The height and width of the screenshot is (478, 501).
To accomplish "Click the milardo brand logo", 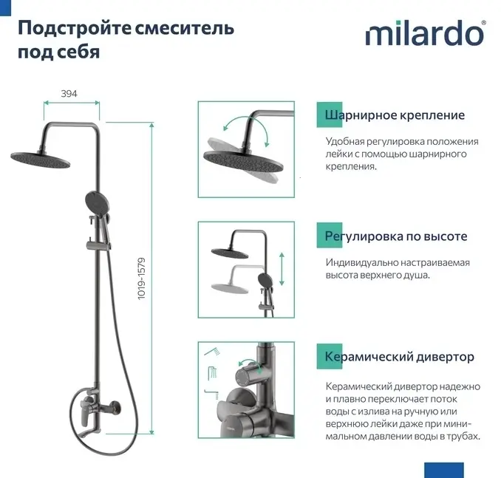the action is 426,33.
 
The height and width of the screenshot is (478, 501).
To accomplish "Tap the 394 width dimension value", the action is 69,94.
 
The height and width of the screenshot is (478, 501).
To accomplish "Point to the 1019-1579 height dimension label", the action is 141,279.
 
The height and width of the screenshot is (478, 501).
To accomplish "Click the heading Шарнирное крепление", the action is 395,115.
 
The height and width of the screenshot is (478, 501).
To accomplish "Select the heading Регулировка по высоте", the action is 396,236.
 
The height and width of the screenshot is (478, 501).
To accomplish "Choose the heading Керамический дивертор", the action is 399,357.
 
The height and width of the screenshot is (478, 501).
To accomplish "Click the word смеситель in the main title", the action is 185,28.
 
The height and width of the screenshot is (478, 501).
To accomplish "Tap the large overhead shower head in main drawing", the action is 40,160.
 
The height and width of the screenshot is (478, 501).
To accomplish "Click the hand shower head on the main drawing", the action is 98,201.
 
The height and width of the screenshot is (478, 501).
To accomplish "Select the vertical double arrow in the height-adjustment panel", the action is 282,269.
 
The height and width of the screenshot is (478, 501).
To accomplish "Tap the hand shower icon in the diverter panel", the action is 213,352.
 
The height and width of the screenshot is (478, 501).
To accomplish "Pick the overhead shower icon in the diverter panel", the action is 213,373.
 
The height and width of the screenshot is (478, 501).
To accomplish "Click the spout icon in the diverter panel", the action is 212,395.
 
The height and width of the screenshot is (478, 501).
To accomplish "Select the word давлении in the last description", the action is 391,437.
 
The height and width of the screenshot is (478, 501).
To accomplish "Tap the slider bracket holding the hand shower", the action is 98,245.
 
